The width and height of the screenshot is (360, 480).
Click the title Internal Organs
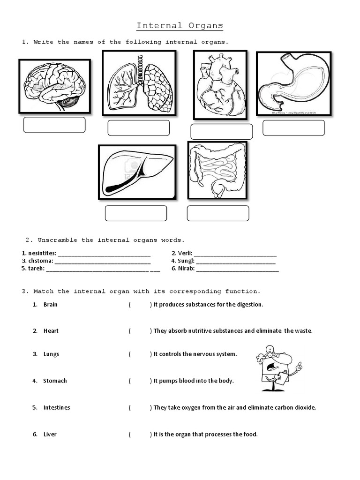pyautogui.click(x=180, y=25)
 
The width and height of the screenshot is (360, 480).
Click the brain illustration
pyautogui.click(x=54, y=86)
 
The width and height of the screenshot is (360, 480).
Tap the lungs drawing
pyautogui.click(x=139, y=82)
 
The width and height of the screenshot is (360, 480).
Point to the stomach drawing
pyautogui.click(x=293, y=83)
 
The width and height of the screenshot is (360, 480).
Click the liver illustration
pyautogui.click(x=137, y=172)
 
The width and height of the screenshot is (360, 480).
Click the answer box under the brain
pyautogui.click(x=54, y=125)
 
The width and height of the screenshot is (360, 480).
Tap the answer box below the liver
pyautogui.click(x=136, y=213)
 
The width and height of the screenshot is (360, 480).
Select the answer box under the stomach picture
pyautogui.click(x=293, y=128)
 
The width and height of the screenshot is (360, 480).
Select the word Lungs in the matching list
pyautogui.click(x=51, y=354)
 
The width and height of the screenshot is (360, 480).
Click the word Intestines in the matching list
pyautogui.click(x=57, y=408)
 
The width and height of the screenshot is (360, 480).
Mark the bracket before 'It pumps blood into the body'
pyautogui.click(x=140, y=381)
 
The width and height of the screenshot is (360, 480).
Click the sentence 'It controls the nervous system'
pyautogui.click(x=195, y=354)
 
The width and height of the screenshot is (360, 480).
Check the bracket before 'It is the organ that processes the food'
pyautogui.click(x=140, y=435)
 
